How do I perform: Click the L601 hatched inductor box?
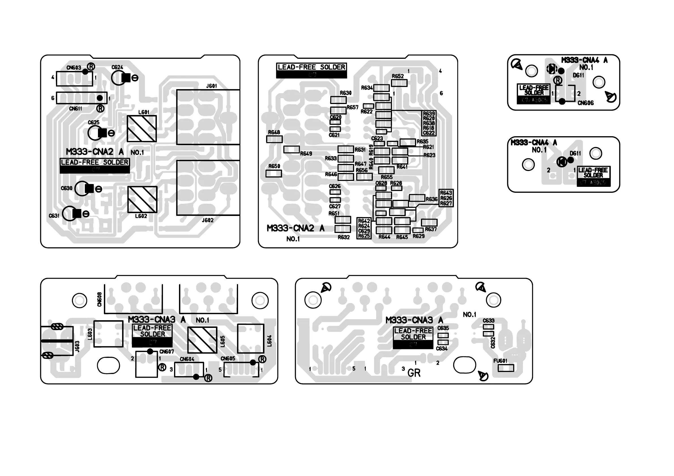pos(142,128)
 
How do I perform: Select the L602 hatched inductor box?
pos(142,200)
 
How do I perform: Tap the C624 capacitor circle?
pos(119,78)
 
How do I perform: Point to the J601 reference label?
pos(211,86)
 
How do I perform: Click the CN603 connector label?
pos(74,68)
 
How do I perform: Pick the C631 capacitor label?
pos(54,216)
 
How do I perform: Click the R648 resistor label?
pos(274,132)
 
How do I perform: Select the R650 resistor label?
pos(274,166)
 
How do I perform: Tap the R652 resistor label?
pos(398,76)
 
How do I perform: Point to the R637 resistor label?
pos(431,229)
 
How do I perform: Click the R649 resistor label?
pos(306,153)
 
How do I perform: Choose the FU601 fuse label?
pos(500,361)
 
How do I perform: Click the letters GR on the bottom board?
pos(414,373)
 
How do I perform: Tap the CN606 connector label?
pos(585,103)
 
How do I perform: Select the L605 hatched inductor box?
pos(202,340)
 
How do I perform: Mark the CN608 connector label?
pos(100,299)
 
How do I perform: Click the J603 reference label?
pos(77,346)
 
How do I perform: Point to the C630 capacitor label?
pos(66,188)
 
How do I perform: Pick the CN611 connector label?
pos(76,109)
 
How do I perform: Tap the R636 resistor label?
pos(431,199)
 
